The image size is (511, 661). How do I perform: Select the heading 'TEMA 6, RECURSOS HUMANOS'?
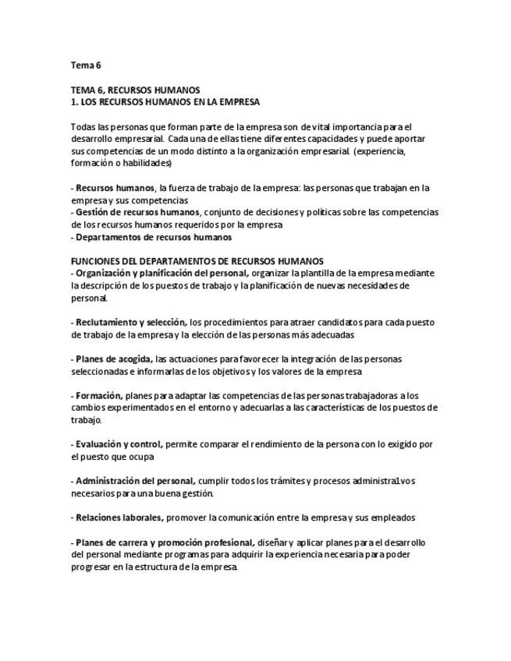pos(135,90)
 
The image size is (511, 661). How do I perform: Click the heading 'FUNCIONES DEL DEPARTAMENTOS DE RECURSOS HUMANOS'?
pos(197,260)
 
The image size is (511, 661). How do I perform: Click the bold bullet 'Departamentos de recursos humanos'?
pos(153,237)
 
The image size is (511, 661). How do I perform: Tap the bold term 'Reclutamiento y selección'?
pos(130,322)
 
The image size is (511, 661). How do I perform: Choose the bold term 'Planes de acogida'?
pos(113,359)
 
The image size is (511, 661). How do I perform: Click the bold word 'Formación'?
pos(99,395)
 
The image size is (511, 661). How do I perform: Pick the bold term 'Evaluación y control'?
pos(119,444)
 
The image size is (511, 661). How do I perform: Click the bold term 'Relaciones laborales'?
pos(119,518)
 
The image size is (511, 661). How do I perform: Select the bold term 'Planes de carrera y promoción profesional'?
pos(164,542)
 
